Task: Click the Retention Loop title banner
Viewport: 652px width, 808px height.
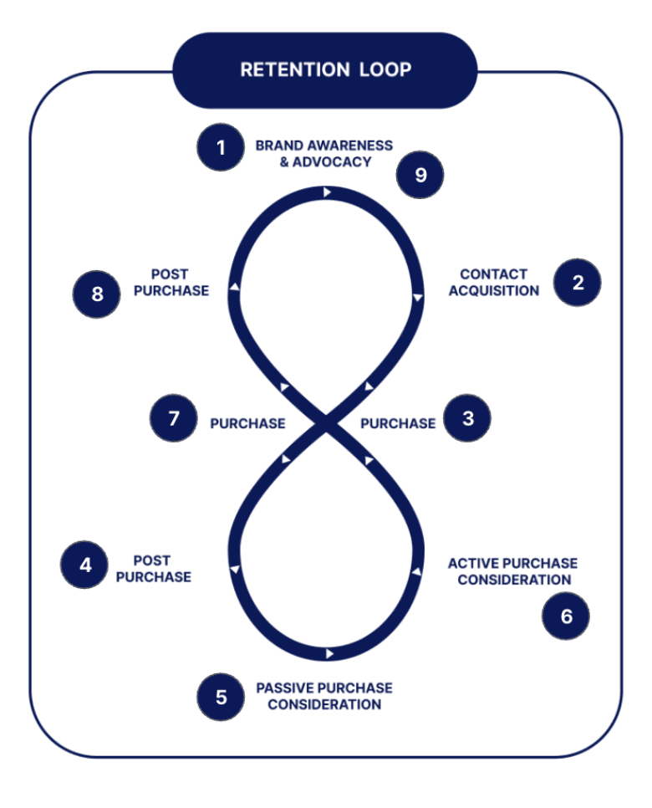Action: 325,69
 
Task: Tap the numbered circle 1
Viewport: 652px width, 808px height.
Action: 221,148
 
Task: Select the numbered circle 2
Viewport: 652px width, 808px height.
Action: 578,282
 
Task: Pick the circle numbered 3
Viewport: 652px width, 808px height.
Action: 467,418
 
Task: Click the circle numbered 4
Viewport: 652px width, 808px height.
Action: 85,565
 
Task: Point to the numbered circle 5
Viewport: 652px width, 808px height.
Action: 221,696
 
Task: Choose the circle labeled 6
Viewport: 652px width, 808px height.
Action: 566,616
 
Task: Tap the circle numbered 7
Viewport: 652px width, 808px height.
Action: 174,418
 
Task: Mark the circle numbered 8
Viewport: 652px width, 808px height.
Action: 97,294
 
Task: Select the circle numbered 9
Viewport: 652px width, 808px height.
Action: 420,175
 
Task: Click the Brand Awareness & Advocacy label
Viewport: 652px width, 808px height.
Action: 323,153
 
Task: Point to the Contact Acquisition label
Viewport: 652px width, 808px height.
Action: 494,282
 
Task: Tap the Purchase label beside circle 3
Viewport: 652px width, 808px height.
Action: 398,423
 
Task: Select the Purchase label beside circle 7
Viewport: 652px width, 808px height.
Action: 247,423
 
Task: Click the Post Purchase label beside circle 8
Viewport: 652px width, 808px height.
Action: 171,282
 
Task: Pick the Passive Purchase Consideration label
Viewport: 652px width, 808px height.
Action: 323,696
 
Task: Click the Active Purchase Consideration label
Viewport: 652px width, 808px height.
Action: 512,571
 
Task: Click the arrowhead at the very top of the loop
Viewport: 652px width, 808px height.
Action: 328,192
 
